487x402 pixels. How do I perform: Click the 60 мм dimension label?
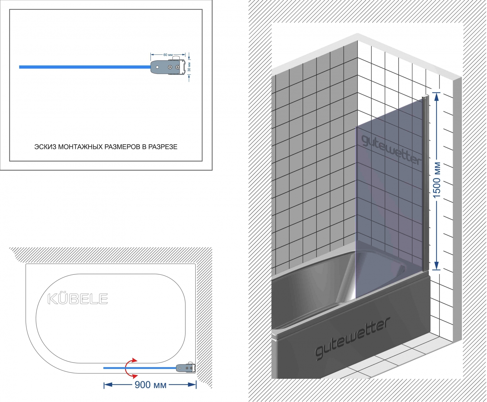click(168, 55)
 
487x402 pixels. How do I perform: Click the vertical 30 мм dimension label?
click(189, 67)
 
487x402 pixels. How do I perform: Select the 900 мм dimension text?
click(150, 385)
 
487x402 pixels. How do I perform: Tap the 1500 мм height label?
click(437, 180)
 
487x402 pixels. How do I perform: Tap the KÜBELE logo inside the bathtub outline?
click(78, 299)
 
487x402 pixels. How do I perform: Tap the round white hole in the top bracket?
click(157, 67)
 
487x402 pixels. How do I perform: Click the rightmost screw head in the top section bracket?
click(178, 67)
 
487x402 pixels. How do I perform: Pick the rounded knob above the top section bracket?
click(176, 58)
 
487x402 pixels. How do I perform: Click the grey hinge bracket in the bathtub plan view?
click(185, 368)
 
